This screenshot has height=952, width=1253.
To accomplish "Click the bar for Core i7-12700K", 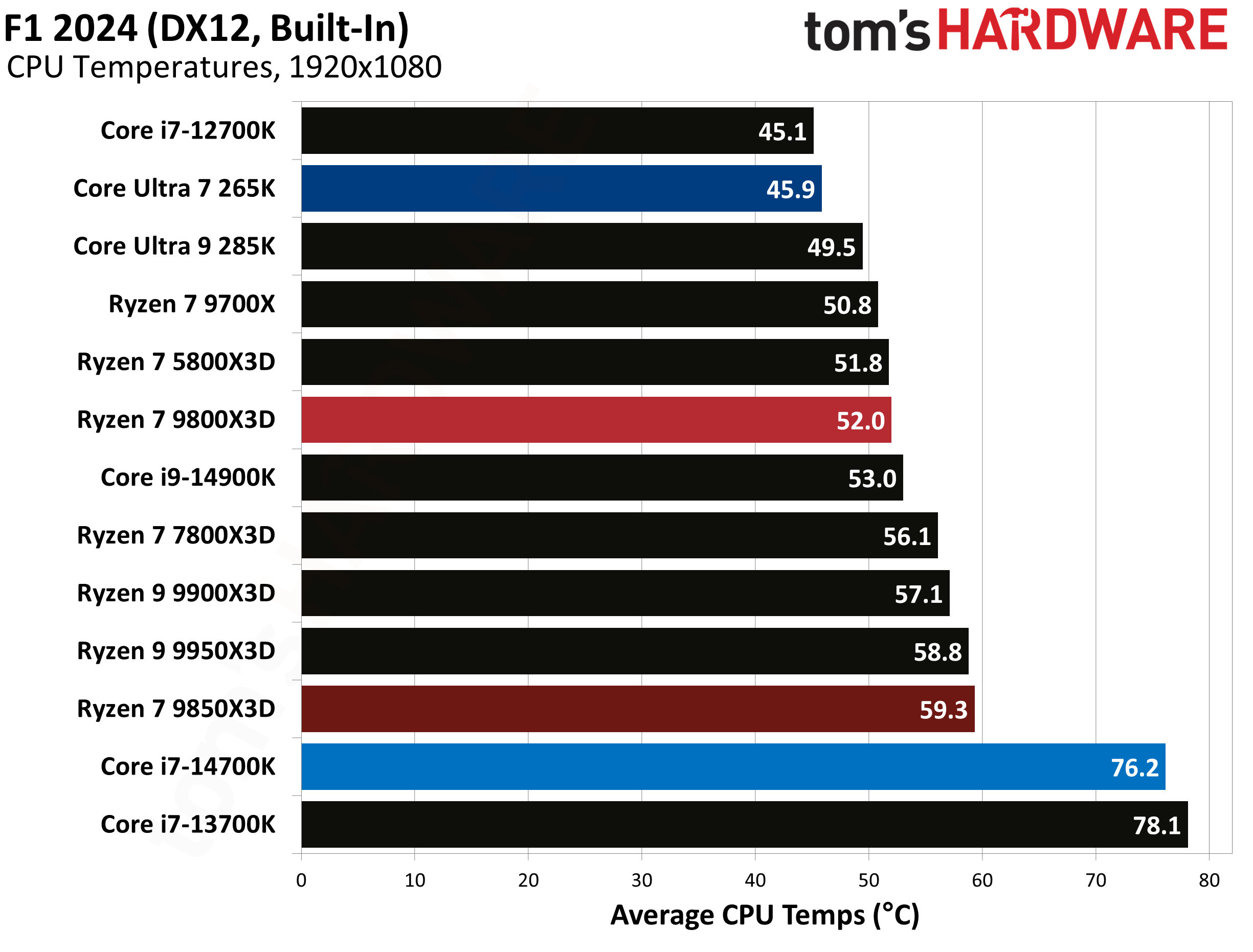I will click(557, 131).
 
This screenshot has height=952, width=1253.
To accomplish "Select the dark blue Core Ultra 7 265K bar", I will click(561, 189).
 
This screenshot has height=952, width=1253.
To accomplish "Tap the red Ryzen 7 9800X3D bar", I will click(596, 420).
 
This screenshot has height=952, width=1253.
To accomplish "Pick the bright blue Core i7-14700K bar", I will click(733, 767).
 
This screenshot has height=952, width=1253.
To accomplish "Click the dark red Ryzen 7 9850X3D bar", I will click(638, 709).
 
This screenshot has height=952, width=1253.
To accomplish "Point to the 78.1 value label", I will click(1156, 826).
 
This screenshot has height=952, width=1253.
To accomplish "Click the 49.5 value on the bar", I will click(831, 247).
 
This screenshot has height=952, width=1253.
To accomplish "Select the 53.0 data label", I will click(871, 479).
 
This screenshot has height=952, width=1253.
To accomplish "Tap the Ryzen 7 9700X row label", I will click(192, 304).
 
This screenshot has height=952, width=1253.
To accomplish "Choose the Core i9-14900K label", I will click(188, 478).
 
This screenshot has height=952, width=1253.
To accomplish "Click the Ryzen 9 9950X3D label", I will click(176, 651).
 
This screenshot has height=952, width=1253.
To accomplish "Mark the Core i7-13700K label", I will click(188, 825).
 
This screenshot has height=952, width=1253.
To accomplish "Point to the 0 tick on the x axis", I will click(302, 880).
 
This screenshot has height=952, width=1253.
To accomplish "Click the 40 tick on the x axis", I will click(755, 880).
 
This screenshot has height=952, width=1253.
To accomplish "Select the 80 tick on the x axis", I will click(1209, 880).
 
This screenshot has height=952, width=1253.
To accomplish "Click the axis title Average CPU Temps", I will click(765, 916).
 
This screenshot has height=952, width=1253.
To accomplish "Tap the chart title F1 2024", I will click(206, 28).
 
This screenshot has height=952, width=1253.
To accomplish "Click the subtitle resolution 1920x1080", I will click(365, 67).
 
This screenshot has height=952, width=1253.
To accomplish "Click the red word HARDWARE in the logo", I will click(1082, 30).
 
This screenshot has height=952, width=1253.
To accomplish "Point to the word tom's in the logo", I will click(866, 32).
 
